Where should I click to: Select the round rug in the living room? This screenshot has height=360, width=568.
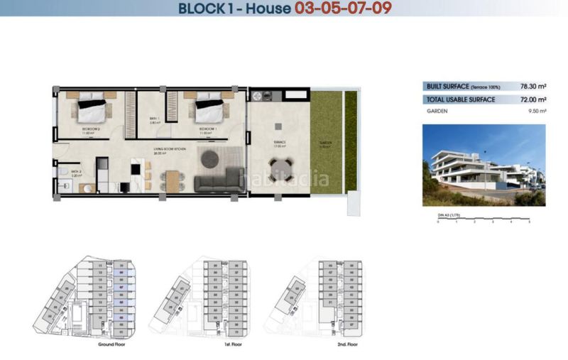click(x=211, y=159)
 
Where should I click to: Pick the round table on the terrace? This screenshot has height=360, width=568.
click(x=279, y=169)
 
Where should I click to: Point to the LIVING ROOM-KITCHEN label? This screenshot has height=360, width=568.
click(x=168, y=150)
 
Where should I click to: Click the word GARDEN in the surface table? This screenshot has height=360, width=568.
click(x=437, y=111)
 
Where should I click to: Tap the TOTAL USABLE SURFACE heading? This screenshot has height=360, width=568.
click(x=461, y=100)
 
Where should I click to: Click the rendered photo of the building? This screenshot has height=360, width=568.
click(x=484, y=165)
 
